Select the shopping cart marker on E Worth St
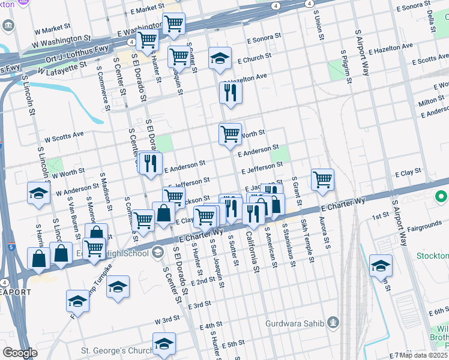[x=230, y=134]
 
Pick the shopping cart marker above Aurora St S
[x=323, y=179]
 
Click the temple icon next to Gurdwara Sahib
[x=334, y=324]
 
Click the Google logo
[x=20, y=353]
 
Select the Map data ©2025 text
[x=423, y=355]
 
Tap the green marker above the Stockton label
[x=442, y=197]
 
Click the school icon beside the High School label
[x=158, y=251]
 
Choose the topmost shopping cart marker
[x=173, y=24]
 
